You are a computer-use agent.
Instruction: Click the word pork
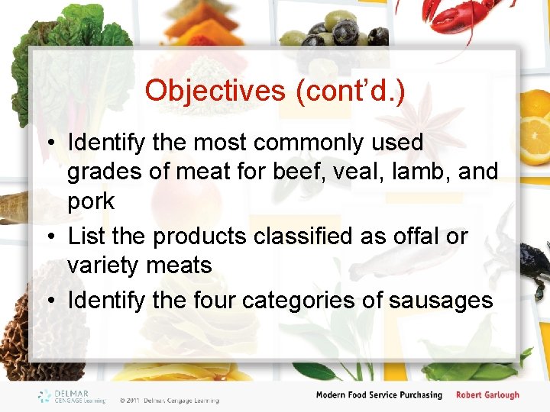pos(91,202)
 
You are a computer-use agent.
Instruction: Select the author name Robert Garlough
pos(487,395)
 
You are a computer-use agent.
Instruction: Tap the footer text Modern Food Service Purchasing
pos(379,395)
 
